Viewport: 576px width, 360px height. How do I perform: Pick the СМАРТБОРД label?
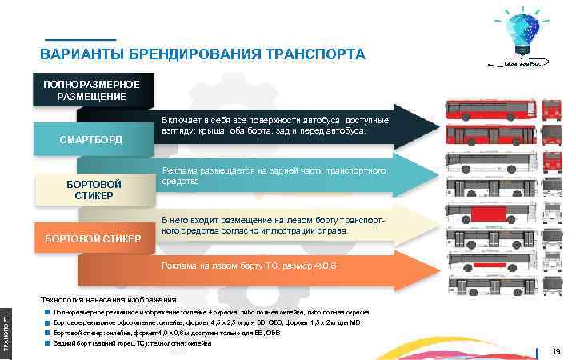(91, 141)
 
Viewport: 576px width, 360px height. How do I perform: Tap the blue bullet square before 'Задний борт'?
(48, 342)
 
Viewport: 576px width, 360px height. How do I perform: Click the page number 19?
(555, 350)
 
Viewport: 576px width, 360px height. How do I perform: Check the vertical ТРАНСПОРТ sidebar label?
(5, 329)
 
